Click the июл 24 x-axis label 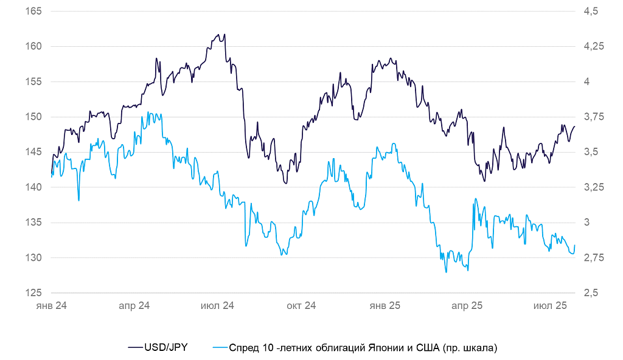[217, 305]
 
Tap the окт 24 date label [301, 305]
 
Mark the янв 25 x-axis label [385, 305]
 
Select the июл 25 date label [550, 305]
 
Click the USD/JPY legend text [165, 348]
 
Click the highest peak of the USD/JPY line [224, 34]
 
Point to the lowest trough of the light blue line [446, 272]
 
